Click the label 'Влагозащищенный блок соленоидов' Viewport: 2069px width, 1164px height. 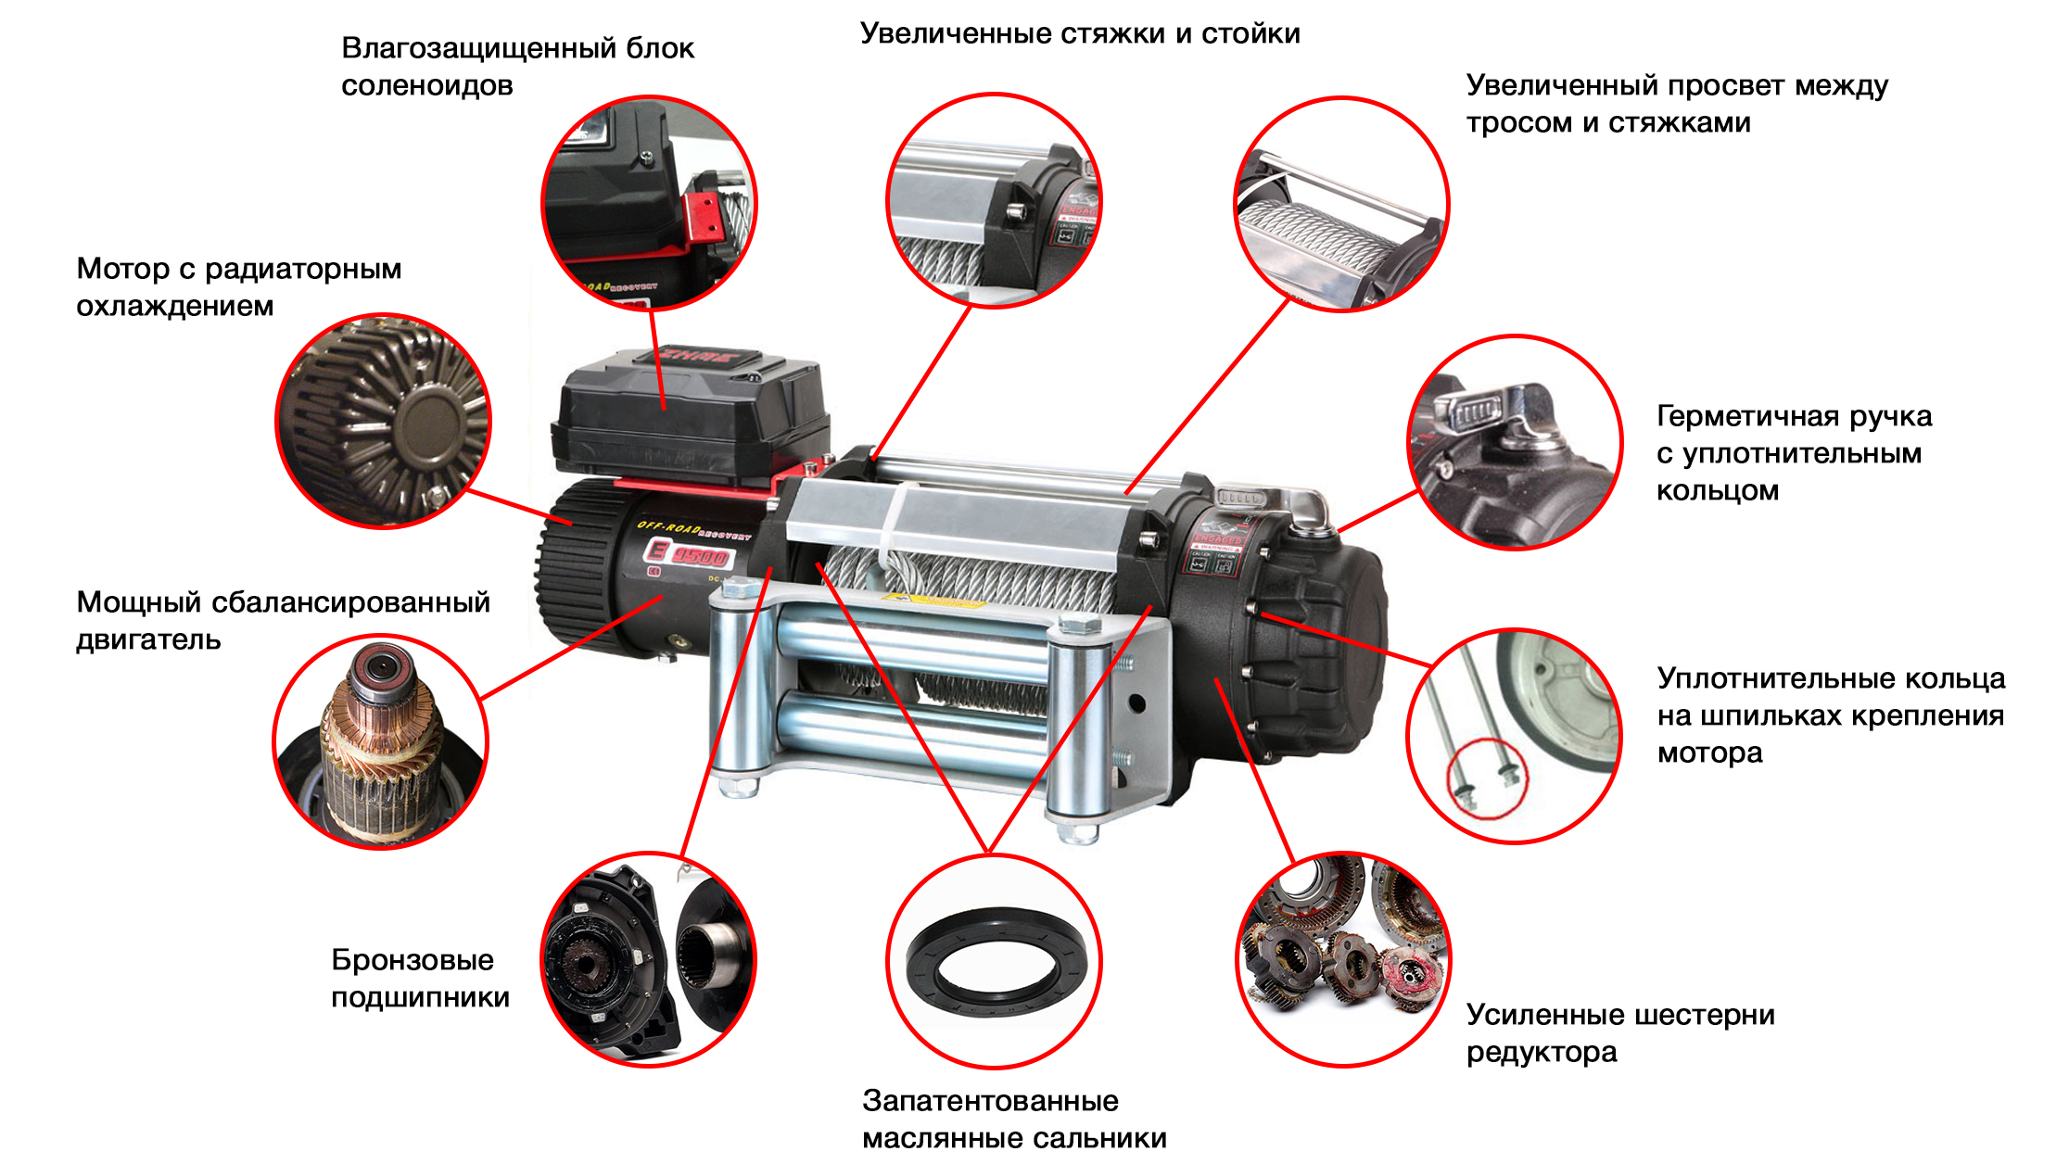[x=517, y=67]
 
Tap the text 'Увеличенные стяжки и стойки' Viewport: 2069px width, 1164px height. [x=1080, y=34]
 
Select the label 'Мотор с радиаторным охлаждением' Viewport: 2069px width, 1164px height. [x=238, y=287]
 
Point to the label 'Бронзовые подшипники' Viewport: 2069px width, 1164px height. [x=420, y=979]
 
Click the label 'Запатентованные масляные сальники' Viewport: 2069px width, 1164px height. [x=1014, y=1120]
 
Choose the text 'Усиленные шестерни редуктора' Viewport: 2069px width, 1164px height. [x=1620, y=1033]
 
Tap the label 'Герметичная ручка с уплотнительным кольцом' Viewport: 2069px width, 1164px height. [x=1794, y=453]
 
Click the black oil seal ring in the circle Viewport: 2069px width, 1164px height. [x=996, y=961]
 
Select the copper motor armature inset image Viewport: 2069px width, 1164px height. [x=380, y=741]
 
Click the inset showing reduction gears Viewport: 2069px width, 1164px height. [x=1343, y=959]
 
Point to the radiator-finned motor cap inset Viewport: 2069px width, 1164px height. [x=383, y=421]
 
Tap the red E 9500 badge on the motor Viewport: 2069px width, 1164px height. [x=689, y=554]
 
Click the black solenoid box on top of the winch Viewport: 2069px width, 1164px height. [x=690, y=417]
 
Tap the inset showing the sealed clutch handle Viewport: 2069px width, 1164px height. [x=1515, y=443]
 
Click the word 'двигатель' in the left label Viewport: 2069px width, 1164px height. [x=148, y=639]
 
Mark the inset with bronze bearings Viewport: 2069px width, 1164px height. [x=649, y=959]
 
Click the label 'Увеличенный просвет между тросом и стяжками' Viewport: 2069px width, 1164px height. [x=1677, y=104]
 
